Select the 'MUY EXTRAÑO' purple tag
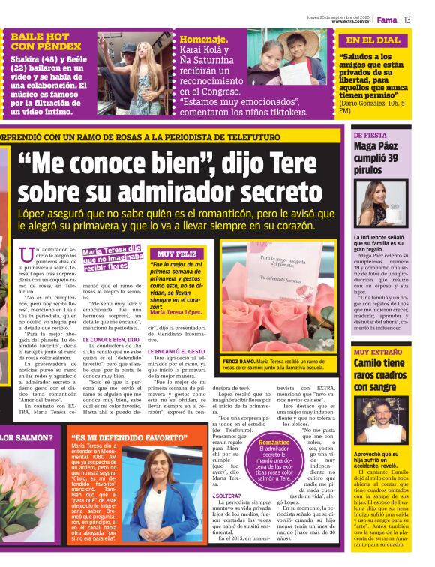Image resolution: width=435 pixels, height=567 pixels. pos(377,351)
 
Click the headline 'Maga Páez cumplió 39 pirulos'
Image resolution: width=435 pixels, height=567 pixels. pos(384,157)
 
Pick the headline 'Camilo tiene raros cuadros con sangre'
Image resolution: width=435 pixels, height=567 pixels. pos(383,374)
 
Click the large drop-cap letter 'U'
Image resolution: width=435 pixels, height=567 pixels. pos(28,256)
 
